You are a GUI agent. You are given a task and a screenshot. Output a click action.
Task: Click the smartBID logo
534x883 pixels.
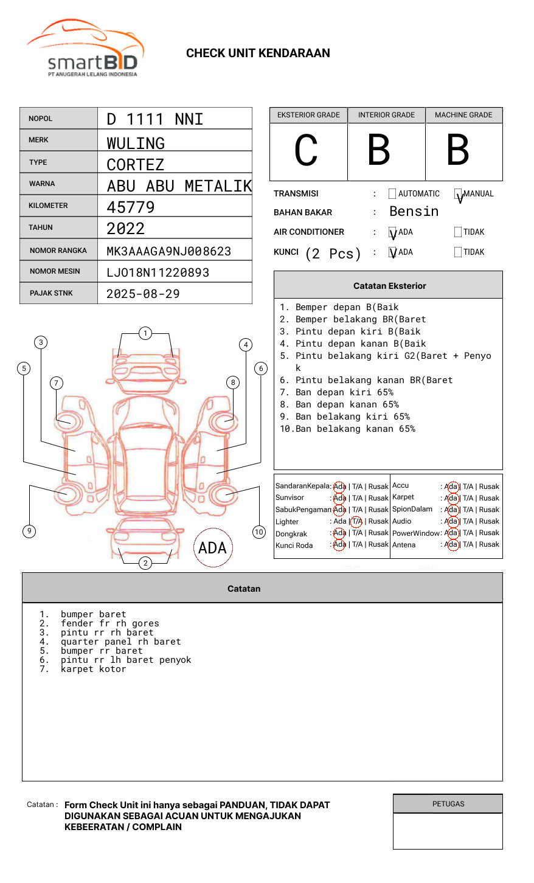click(86, 49)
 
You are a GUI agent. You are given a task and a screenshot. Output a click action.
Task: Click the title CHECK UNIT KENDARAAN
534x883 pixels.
click(258, 54)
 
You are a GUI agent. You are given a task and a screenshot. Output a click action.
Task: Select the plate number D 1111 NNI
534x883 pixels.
click(154, 119)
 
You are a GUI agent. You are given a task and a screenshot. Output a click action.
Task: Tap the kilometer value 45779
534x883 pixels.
click(131, 207)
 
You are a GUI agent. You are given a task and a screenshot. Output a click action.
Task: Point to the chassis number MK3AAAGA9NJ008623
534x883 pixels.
click(168, 251)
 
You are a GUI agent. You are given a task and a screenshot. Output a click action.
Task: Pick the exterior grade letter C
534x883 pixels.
click(306, 151)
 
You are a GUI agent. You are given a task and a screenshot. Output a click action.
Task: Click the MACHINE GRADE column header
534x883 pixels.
click(463, 115)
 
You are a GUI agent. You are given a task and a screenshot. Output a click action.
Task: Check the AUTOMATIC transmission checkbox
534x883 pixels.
click(392, 194)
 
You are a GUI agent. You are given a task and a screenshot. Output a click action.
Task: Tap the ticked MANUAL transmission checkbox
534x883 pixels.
click(459, 194)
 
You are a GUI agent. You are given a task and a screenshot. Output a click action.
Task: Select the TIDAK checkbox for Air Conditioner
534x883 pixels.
click(458, 232)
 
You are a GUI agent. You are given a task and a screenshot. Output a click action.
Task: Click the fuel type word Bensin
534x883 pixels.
click(414, 212)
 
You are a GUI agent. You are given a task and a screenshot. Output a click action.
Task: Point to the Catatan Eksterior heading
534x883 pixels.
click(389, 286)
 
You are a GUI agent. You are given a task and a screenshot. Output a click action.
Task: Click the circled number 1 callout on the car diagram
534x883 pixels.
click(145, 333)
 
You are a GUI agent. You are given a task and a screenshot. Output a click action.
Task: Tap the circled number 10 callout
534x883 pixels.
click(259, 532)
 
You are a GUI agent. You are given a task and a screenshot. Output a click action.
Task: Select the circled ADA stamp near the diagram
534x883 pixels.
click(212, 548)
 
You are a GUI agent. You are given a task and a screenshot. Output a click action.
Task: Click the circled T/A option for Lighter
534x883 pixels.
click(356, 521)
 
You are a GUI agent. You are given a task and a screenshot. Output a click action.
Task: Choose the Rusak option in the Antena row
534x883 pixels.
click(489, 544)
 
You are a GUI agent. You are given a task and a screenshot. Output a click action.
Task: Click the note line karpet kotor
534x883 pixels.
click(93, 669)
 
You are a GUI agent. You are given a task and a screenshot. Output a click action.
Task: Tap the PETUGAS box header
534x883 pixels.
click(448, 804)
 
